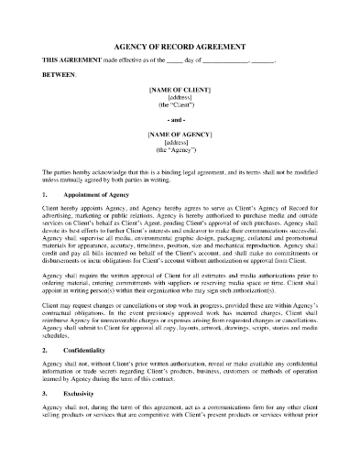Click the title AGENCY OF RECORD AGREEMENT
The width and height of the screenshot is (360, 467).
point(180,43)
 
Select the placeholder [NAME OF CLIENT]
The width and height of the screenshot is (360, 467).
point(180,89)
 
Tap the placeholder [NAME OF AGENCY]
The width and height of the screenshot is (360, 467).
point(180,135)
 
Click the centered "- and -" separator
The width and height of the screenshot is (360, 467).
point(180,119)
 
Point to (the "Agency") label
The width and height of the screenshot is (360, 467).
point(180,149)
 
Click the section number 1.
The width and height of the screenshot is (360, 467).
point(46,196)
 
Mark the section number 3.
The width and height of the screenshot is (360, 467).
point(46,426)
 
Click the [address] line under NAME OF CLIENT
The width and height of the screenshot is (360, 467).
point(180,96)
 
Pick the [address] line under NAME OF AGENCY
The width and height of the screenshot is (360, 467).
point(180,142)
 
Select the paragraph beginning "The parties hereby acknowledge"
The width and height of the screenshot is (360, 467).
point(180,176)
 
